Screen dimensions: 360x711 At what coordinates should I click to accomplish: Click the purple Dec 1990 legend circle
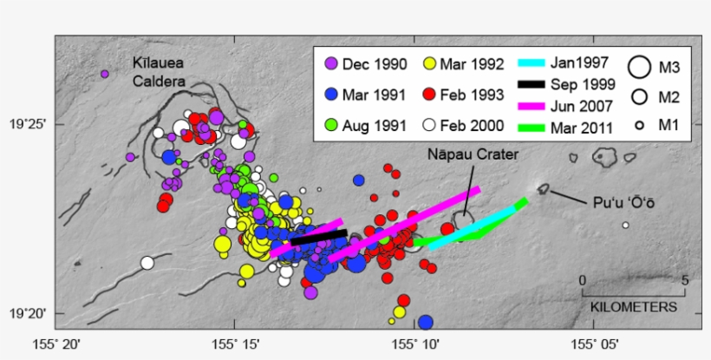click(330, 63)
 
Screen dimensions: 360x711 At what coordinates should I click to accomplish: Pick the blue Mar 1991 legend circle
click(330, 95)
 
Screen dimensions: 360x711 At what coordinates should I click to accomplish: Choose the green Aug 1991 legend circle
click(330, 125)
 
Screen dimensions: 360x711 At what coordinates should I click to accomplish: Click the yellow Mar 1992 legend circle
click(429, 63)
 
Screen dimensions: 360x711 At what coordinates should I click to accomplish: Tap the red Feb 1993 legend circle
click(429, 95)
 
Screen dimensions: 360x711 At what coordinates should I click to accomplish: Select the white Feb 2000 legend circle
click(429, 125)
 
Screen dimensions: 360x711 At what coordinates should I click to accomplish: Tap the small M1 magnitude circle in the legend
click(639, 126)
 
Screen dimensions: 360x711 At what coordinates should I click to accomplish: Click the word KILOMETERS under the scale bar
click(633, 307)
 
